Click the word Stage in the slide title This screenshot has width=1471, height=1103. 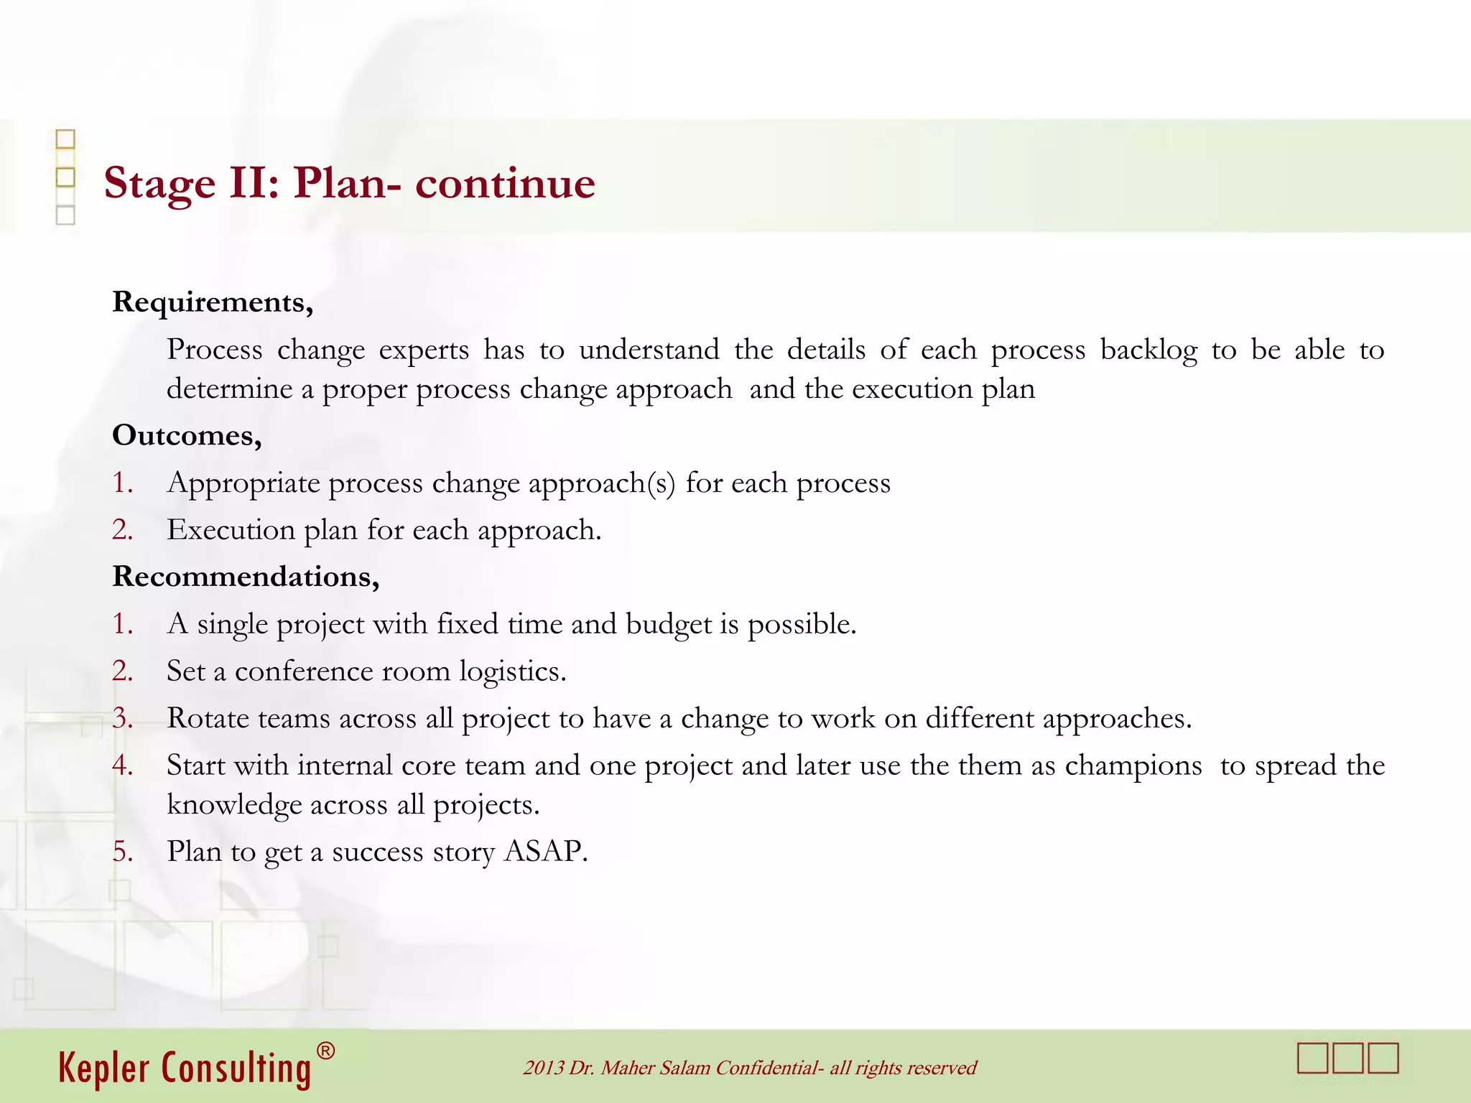159,184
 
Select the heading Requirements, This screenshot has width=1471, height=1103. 213,302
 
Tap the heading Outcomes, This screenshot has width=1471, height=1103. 187,436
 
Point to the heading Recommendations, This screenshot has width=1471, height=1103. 246,577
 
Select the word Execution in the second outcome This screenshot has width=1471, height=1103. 231,530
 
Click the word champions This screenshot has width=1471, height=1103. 1133,766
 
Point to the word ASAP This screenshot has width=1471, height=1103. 546,852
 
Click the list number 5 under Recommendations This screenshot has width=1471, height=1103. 122,852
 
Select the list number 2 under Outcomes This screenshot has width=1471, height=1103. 122,530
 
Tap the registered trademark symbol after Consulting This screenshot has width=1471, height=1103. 325,1052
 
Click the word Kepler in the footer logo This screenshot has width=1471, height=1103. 105,1069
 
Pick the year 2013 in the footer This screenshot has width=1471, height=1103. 543,1068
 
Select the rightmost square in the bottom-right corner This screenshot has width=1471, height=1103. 1383,1058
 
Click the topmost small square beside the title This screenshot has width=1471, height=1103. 65,139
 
